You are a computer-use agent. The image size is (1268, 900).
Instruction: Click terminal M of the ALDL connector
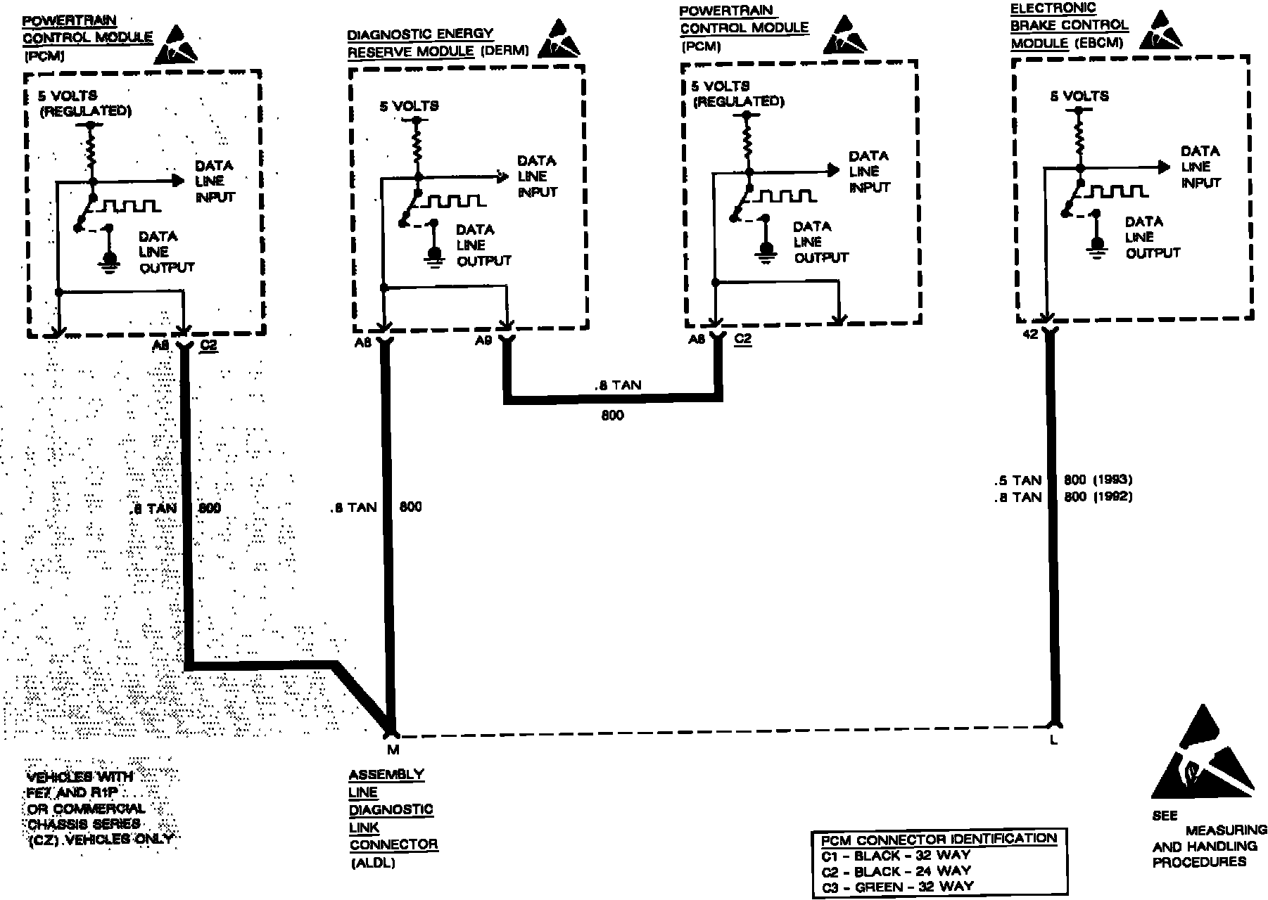[393, 750]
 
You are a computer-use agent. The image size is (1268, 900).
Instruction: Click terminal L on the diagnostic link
[1053, 740]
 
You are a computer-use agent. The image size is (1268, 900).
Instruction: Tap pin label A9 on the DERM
[483, 341]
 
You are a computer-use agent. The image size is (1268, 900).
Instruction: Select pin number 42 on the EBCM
[1029, 335]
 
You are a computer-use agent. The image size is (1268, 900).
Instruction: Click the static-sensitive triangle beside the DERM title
[558, 40]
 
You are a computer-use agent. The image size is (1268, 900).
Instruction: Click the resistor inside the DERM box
[417, 149]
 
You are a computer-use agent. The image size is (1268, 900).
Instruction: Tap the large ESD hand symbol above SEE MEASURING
[1202, 759]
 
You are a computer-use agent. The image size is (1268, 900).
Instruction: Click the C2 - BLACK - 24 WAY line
[895, 871]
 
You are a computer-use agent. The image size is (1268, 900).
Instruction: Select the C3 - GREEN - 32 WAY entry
[896, 887]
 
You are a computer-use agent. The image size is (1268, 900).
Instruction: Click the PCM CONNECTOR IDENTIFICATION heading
[938, 839]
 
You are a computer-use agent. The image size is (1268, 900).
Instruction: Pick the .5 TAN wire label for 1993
[1017, 481]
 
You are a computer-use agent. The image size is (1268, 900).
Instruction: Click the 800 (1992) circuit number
[1098, 497]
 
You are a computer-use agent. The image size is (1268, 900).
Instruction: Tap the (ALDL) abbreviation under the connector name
[372, 863]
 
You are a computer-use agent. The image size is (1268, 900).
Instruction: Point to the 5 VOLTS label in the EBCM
[1079, 96]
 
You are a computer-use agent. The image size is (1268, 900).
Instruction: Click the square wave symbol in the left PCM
[128, 206]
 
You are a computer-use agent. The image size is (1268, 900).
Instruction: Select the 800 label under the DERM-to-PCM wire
[612, 416]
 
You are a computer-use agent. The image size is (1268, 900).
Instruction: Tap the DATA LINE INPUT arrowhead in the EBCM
[1163, 167]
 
